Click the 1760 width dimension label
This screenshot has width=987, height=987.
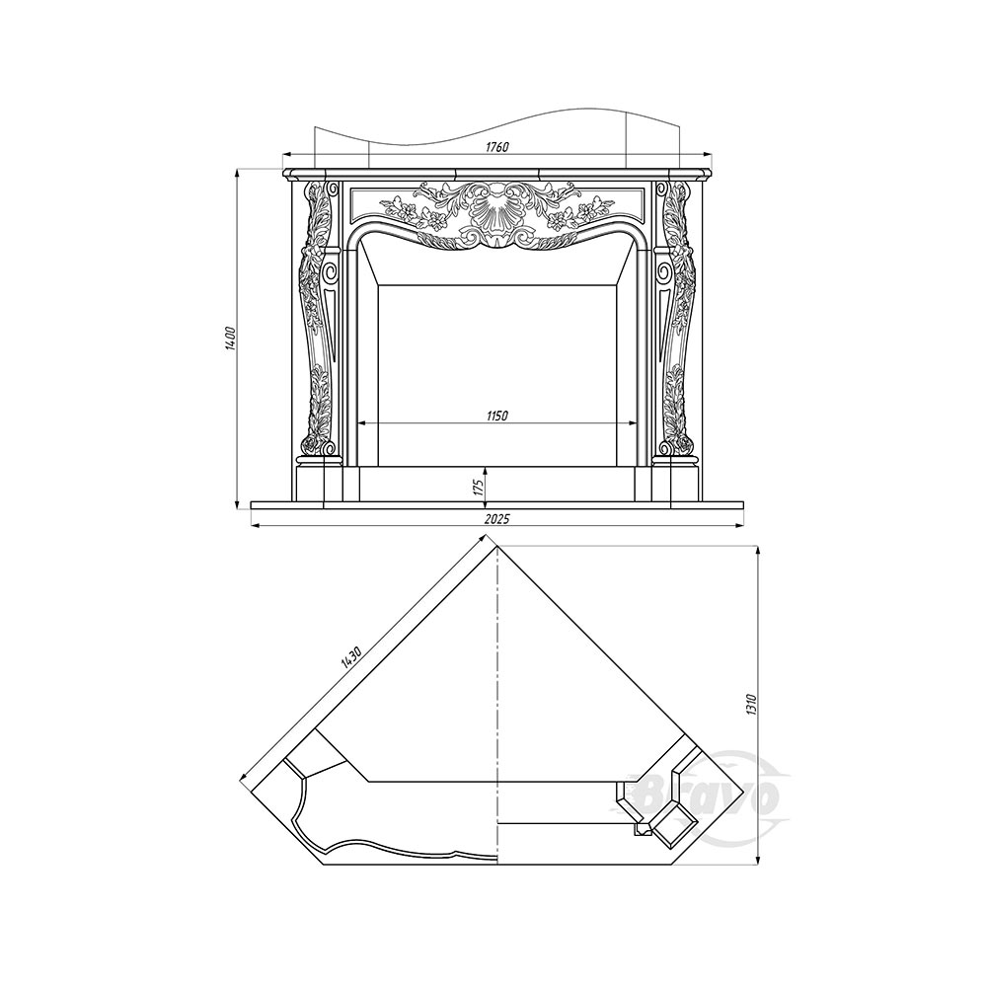click(496, 147)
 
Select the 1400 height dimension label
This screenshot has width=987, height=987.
click(230, 338)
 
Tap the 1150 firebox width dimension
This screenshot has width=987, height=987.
click(496, 416)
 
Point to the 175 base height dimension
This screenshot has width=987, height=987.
click(478, 489)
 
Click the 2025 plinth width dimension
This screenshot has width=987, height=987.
click(496, 519)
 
